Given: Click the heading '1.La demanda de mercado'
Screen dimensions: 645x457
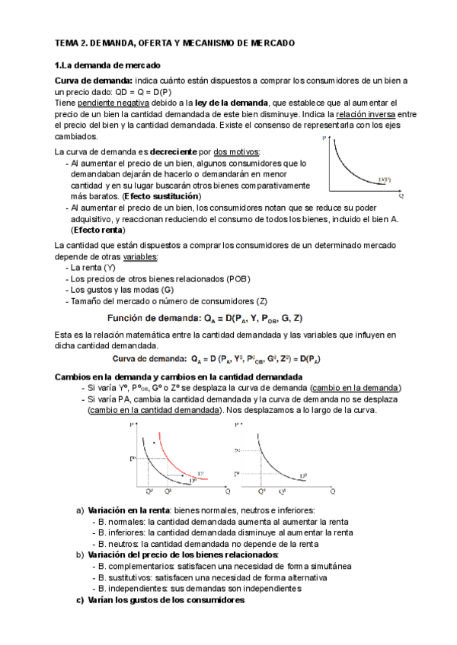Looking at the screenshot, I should pyautogui.click(x=107, y=66).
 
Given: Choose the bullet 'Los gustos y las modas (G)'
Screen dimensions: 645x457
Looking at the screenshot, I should pyautogui.click(x=121, y=290).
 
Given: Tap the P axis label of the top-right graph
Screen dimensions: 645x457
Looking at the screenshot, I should pyautogui.click(x=325, y=138).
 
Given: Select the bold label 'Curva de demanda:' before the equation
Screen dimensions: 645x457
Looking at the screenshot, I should pyautogui.click(x=150, y=357).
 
